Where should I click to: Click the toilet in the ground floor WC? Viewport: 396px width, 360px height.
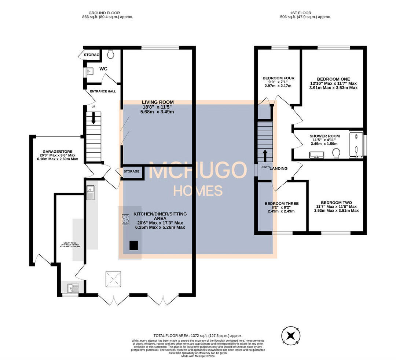pyautogui.click(x=111, y=54)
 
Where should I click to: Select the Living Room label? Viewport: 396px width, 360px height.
pyautogui.click(x=158, y=107)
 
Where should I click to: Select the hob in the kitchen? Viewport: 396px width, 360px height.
pyautogui.click(x=125, y=219)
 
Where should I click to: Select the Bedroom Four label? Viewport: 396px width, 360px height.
pyautogui.click(x=278, y=82)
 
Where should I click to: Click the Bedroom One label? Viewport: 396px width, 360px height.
pyautogui.click(x=333, y=83)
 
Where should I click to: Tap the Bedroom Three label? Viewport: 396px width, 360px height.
pyautogui.click(x=282, y=207)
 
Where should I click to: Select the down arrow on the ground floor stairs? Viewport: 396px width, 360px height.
pyautogui.click(x=93, y=117)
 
